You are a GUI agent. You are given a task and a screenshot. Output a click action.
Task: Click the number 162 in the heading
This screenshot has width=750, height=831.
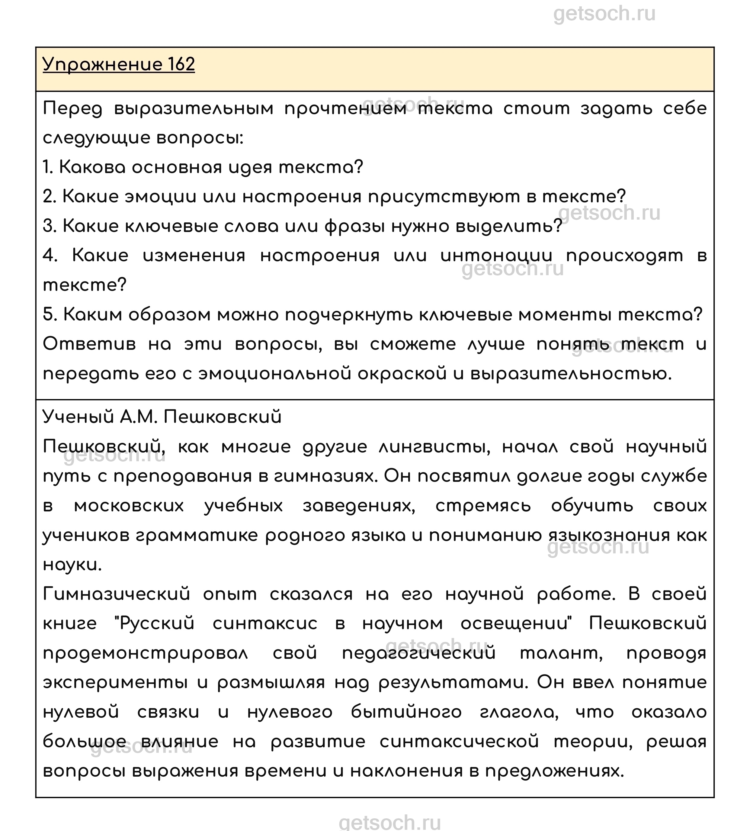(181, 64)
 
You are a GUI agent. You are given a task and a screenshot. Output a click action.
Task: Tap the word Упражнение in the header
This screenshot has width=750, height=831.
(103, 65)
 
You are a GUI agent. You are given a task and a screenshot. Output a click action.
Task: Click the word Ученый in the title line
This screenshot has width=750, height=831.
(78, 417)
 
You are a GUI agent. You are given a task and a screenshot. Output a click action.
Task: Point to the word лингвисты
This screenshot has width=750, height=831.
(434, 447)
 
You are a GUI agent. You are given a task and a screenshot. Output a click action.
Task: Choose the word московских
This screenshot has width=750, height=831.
(129, 506)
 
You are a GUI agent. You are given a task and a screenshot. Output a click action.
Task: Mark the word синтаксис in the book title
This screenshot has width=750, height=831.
(265, 624)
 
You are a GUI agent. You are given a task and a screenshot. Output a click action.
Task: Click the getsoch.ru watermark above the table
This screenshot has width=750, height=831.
(604, 14)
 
